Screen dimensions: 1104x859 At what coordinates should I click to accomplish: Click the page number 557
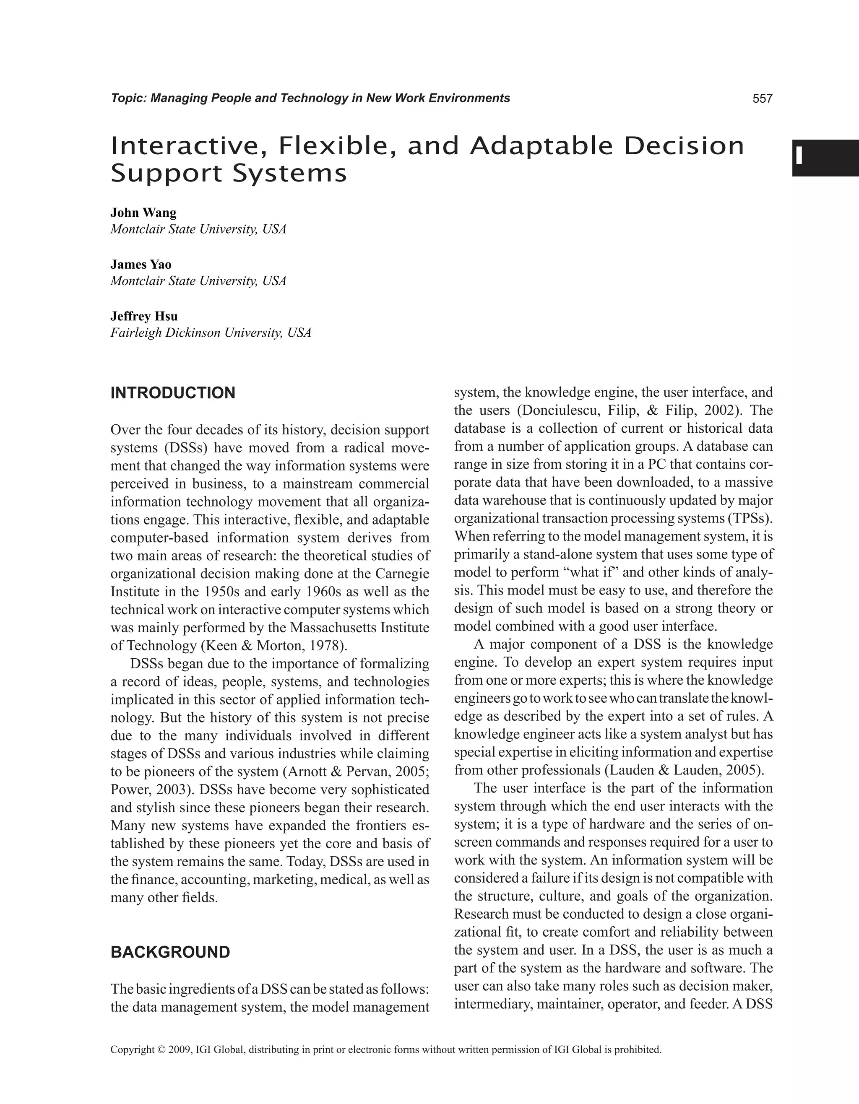[763, 99]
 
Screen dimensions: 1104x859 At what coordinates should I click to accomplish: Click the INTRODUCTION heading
[173, 393]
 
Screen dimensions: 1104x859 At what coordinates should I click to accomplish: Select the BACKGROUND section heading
[170, 952]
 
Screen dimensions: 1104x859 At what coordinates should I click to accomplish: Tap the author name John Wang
[143, 212]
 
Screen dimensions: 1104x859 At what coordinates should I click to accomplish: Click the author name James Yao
[141, 265]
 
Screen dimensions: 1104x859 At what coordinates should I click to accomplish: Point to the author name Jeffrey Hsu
[144, 317]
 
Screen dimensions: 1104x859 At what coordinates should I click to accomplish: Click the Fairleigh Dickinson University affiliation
[210, 332]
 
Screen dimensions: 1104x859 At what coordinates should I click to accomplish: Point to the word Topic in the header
[128, 99]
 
